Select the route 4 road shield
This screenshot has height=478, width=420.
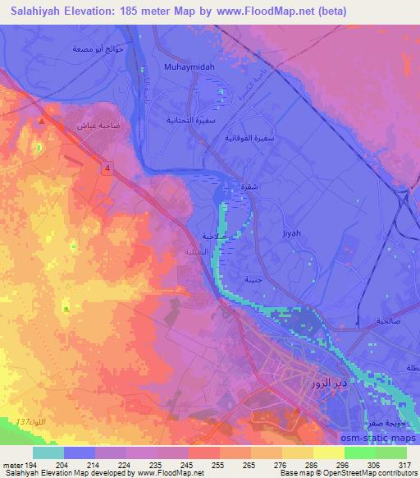(107, 168)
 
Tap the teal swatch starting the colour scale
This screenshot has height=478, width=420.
(48, 453)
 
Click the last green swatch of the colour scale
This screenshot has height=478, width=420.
(390, 453)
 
